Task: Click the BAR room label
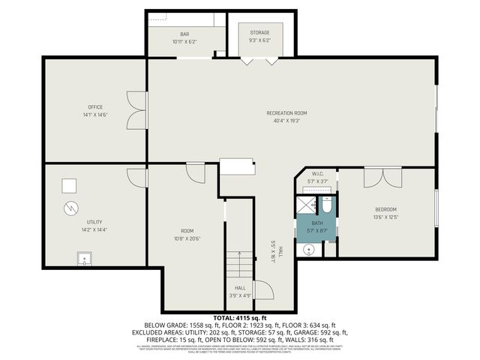(184, 34)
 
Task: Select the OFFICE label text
(94, 107)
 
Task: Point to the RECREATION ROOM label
(286, 113)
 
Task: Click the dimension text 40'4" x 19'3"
(286, 121)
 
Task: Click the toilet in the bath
(328, 205)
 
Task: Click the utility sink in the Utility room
(85, 259)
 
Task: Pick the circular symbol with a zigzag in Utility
(70, 208)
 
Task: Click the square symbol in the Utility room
(70, 184)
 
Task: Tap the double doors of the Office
(135, 110)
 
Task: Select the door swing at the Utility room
(137, 177)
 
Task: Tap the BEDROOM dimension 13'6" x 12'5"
(385, 217)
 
